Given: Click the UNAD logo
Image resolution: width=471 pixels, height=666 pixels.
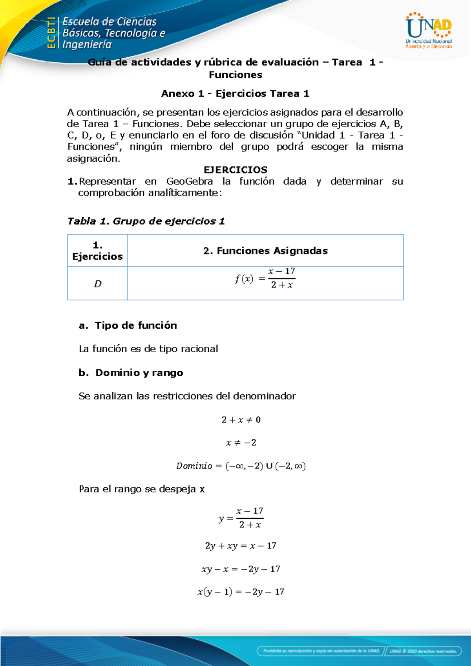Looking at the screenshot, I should pyautogui.click(x=428, y=30).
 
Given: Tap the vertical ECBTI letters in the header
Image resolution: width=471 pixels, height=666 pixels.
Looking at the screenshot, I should pyautogui.click(x=51, y=33).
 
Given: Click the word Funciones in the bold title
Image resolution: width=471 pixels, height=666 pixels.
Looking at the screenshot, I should pyautogui.click(x=235, y=75).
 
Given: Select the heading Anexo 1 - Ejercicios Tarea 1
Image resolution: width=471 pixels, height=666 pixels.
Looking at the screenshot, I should pyautogui.click(x=235, y=93).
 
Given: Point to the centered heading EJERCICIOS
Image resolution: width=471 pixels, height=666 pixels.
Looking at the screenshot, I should pyautogui.click(x=235, y=170).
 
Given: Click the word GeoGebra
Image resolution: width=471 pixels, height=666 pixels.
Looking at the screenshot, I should pyautogui.click(x=190, y=181).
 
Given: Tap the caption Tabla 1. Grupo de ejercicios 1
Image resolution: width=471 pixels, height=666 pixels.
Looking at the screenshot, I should pyautogui.click(x=146, y=221).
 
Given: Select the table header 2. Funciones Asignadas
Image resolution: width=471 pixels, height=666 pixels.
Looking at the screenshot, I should pyautogui.click(x=265, y=251).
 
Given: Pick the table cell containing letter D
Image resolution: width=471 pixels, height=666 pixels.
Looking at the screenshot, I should pyautogui.click(x=98, y=284).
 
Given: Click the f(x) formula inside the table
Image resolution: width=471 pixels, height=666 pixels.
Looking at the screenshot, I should pyautogui.click(x=265, y=278).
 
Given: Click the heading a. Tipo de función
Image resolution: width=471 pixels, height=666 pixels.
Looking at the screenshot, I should pyautogui.click(x=128, y=325).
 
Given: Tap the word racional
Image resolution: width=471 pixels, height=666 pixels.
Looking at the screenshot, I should pyautogui.click(x=199, y=349).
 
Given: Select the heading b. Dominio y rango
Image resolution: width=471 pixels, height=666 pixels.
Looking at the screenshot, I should pyautogui.click(x=131, y=372).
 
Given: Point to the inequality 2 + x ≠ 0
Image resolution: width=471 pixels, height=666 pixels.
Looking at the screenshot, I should pyautogui.click(x=241, y=420).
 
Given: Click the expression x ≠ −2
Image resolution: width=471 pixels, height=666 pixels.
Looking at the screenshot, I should pyautogui.click(x=241, y=443).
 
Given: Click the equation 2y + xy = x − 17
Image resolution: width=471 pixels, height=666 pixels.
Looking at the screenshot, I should pyautogui.click(x=241, y=546).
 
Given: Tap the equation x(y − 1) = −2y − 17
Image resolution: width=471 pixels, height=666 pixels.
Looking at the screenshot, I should pyautogui.click(x=241, y=592).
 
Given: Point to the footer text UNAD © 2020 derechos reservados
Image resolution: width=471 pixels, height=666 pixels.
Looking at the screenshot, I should pyautogui.click(x=423, y=651).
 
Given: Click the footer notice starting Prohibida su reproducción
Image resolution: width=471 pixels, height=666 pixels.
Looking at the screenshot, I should pyautogui.click(x=321, y=651).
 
